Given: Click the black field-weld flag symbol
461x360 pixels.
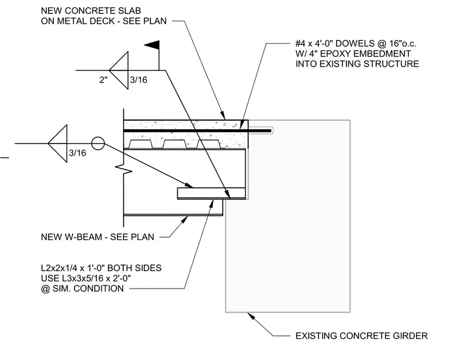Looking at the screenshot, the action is click(153, 45).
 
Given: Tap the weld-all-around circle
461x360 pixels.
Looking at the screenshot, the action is click(98, 144).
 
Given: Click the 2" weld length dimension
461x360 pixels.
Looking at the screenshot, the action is click(104, 80).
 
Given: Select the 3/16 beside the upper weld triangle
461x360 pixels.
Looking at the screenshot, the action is click(138, 80).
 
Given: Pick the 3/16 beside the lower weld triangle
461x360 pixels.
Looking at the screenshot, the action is click(77, 153).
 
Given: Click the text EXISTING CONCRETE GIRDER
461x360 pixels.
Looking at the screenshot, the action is click(362, 336).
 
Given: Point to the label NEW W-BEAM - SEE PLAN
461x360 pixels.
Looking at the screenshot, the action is click(98, 237).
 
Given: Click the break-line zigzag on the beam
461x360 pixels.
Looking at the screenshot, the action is click(124, 170).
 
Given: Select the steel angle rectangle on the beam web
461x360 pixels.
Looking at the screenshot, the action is click(211, 193).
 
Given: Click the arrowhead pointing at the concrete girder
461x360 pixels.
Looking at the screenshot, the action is click(251, 316).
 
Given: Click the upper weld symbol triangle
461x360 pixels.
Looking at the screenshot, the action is click(118, 70).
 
